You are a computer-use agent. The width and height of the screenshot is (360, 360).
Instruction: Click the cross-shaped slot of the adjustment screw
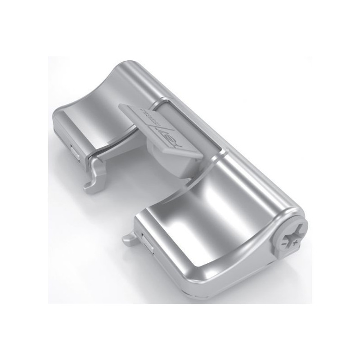click(x=287, y=238)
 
